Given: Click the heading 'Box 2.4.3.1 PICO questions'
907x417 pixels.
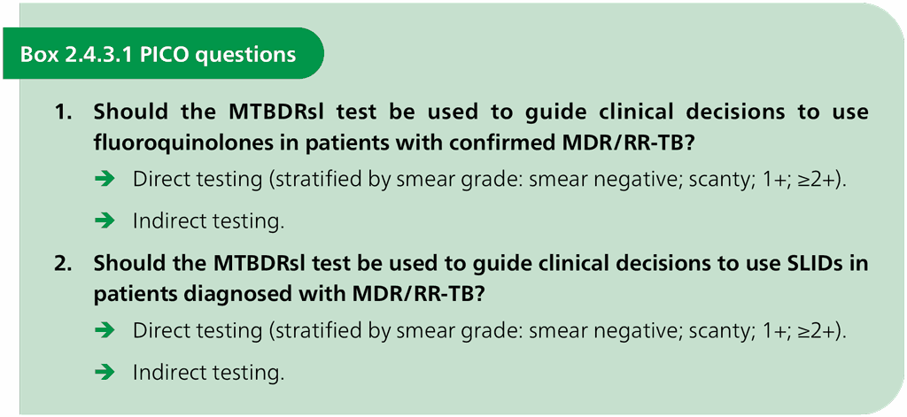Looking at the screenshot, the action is pyautogui.click(x=158, y=54).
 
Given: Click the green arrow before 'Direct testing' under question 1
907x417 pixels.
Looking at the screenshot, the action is pyautogui.click(x=105, y=180).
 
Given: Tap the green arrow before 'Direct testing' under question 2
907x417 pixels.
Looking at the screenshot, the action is pyautogui.click(x=105, y=331).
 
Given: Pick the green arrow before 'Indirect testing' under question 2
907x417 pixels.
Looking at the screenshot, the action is pyautogui.click(x=105, y=373).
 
